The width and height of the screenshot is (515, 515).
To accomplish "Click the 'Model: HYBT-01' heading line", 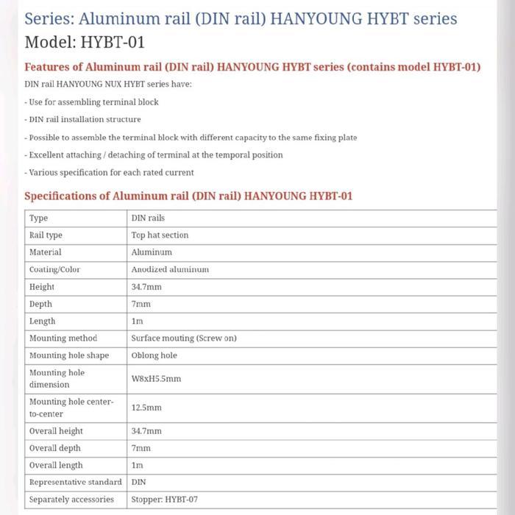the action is pos(85,42).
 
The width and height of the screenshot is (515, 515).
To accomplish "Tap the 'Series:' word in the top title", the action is pos(49,18).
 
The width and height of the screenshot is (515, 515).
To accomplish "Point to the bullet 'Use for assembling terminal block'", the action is pos(91,102).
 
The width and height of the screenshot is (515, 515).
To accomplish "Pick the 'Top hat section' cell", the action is pos(160,235).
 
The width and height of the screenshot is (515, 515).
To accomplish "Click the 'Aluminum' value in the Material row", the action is pos(152,252).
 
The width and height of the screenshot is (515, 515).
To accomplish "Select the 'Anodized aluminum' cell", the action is pos(170,269).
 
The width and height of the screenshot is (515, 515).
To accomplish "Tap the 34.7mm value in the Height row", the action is pos(146,287).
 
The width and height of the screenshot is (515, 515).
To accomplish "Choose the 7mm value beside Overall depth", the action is pos(141,448).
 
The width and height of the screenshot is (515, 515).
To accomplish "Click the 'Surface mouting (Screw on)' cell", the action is pos(184,338).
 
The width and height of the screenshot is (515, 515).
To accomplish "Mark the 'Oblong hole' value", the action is pos(154,355).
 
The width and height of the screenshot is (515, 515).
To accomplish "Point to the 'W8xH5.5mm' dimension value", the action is pos(156,379).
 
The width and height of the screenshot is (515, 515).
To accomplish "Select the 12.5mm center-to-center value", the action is pos(146,408).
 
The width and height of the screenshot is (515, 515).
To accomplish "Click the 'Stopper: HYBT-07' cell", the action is pos(165,500).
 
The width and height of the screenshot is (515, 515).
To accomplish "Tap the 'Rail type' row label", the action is pos(46,235).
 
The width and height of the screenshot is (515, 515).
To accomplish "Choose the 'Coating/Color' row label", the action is pos(54,269).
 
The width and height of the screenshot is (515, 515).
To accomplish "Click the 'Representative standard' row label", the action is pos(75,482).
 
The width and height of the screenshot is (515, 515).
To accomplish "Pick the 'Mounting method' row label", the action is pos(63,338).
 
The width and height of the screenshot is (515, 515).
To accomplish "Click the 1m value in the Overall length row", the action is pos(137,465).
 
